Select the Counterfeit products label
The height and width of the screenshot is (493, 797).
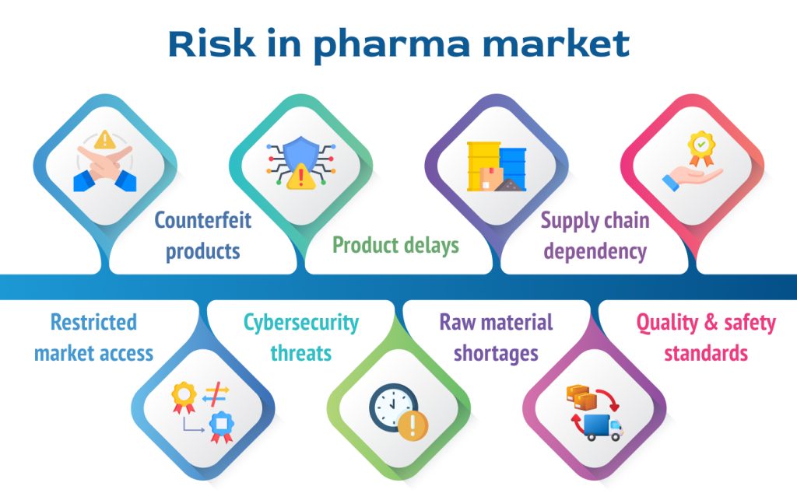[x=202, y=236]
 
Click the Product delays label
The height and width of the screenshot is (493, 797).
[x=395, y=246]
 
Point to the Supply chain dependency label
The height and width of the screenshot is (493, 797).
[x=595, y=236]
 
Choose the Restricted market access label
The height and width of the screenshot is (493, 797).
[x=93, y=337]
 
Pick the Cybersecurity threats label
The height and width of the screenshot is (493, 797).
[x=300, y=337]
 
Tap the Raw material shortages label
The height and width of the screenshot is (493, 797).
[x=496, y=337]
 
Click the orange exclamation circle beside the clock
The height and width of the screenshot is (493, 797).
[x=413, y=425]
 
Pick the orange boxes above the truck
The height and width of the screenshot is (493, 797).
[x=581, y=398]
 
